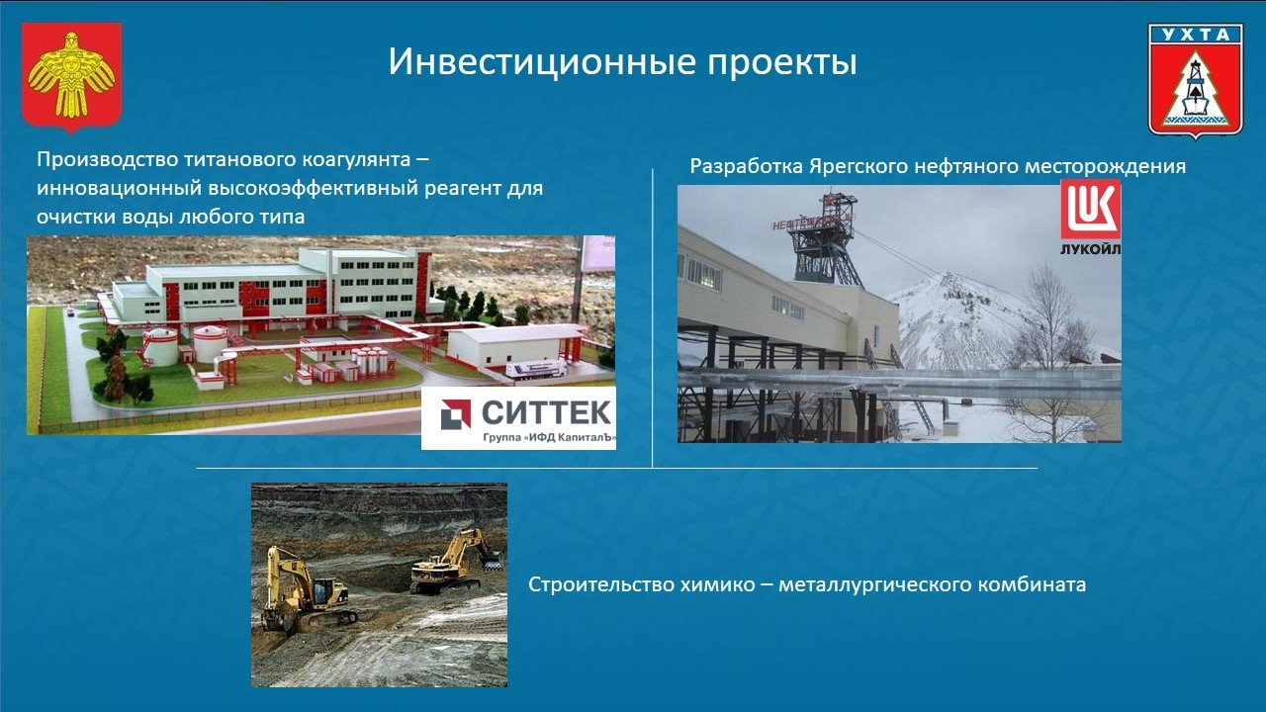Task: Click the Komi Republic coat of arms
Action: [71, 77]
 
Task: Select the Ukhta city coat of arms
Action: [1196, 81]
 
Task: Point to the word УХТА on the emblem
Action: [1196, 35]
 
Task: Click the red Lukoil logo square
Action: [1090, 209]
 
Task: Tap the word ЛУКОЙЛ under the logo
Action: [1090, 250]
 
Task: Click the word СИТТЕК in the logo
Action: [546, 412]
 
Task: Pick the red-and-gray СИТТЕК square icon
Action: [456, 413]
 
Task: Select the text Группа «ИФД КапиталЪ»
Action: [548, 437]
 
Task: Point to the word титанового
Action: [241, 160]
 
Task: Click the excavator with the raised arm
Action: [456, 561]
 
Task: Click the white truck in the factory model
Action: [535, 369]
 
